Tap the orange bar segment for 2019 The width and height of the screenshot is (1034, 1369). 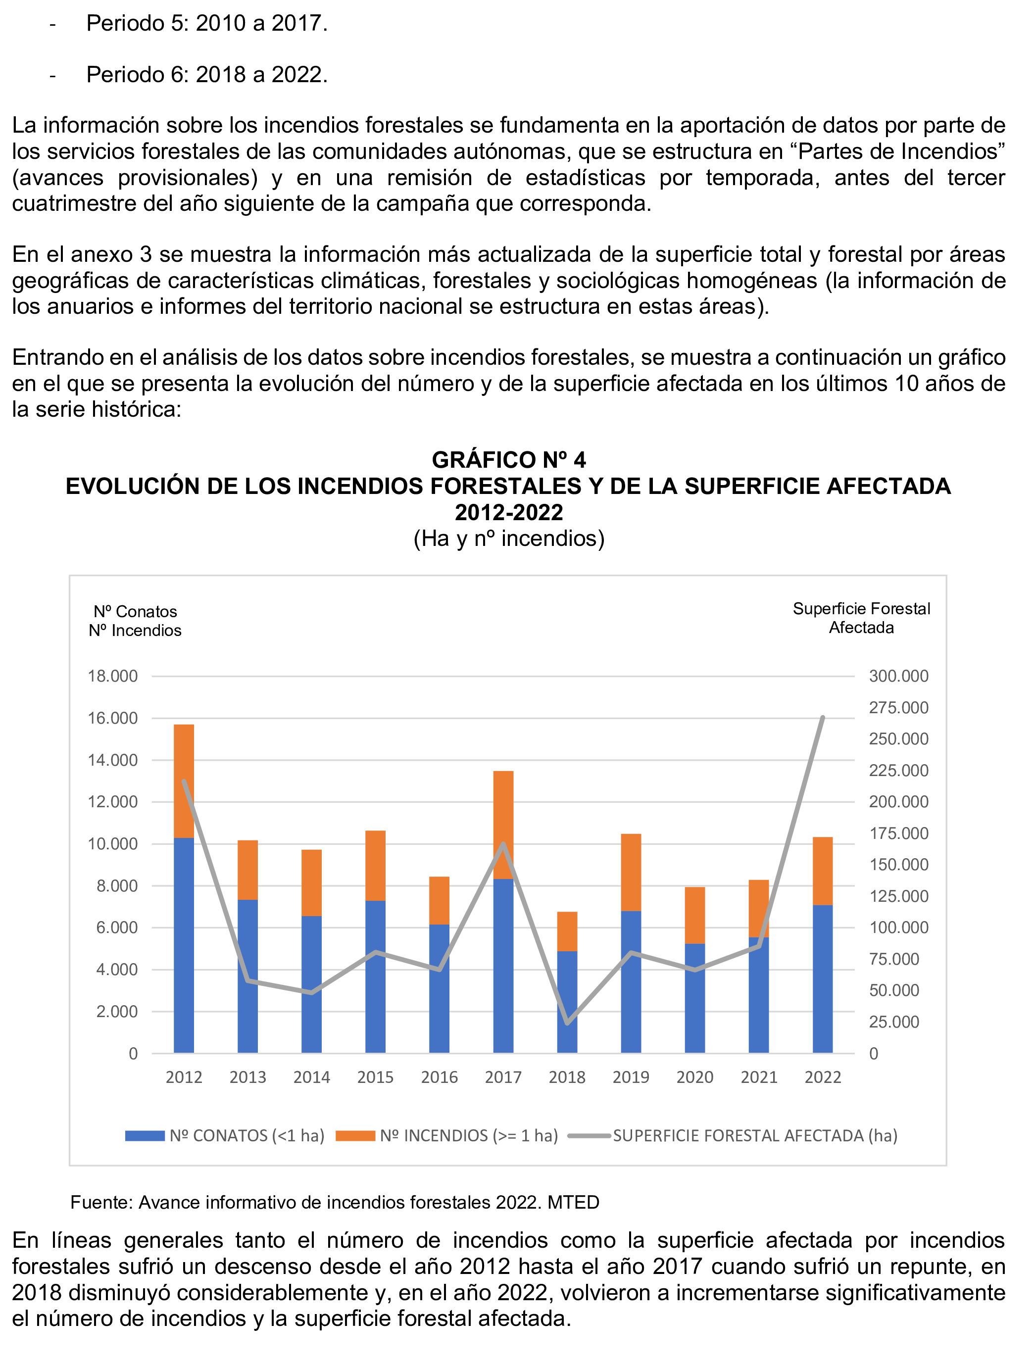coord(631,872)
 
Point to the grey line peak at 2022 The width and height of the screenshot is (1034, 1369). coord(822,718)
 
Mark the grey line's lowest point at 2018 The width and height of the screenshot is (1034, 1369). coord(567,1023)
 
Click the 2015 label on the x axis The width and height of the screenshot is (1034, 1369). coord(375,1077)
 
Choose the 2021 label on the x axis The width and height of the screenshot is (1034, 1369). coord(759,1077)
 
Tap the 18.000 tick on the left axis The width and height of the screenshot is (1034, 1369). coord(113,676)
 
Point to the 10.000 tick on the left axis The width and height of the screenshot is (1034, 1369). coord(113,843)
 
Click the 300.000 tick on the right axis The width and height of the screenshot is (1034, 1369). coord(898,676)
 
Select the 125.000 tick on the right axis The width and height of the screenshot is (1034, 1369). coord(898,895)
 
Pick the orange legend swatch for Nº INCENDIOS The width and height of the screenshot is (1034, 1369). coord(355,1136)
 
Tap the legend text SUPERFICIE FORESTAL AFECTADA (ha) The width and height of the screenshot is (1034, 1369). coord(755,1136)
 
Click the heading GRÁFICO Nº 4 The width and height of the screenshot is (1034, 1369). coord(509,460)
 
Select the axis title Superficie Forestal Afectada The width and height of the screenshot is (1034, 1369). coord(861,618)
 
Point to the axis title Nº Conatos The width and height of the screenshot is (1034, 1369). coord(135,611)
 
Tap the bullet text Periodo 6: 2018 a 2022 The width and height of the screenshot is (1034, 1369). coord(207,75)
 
